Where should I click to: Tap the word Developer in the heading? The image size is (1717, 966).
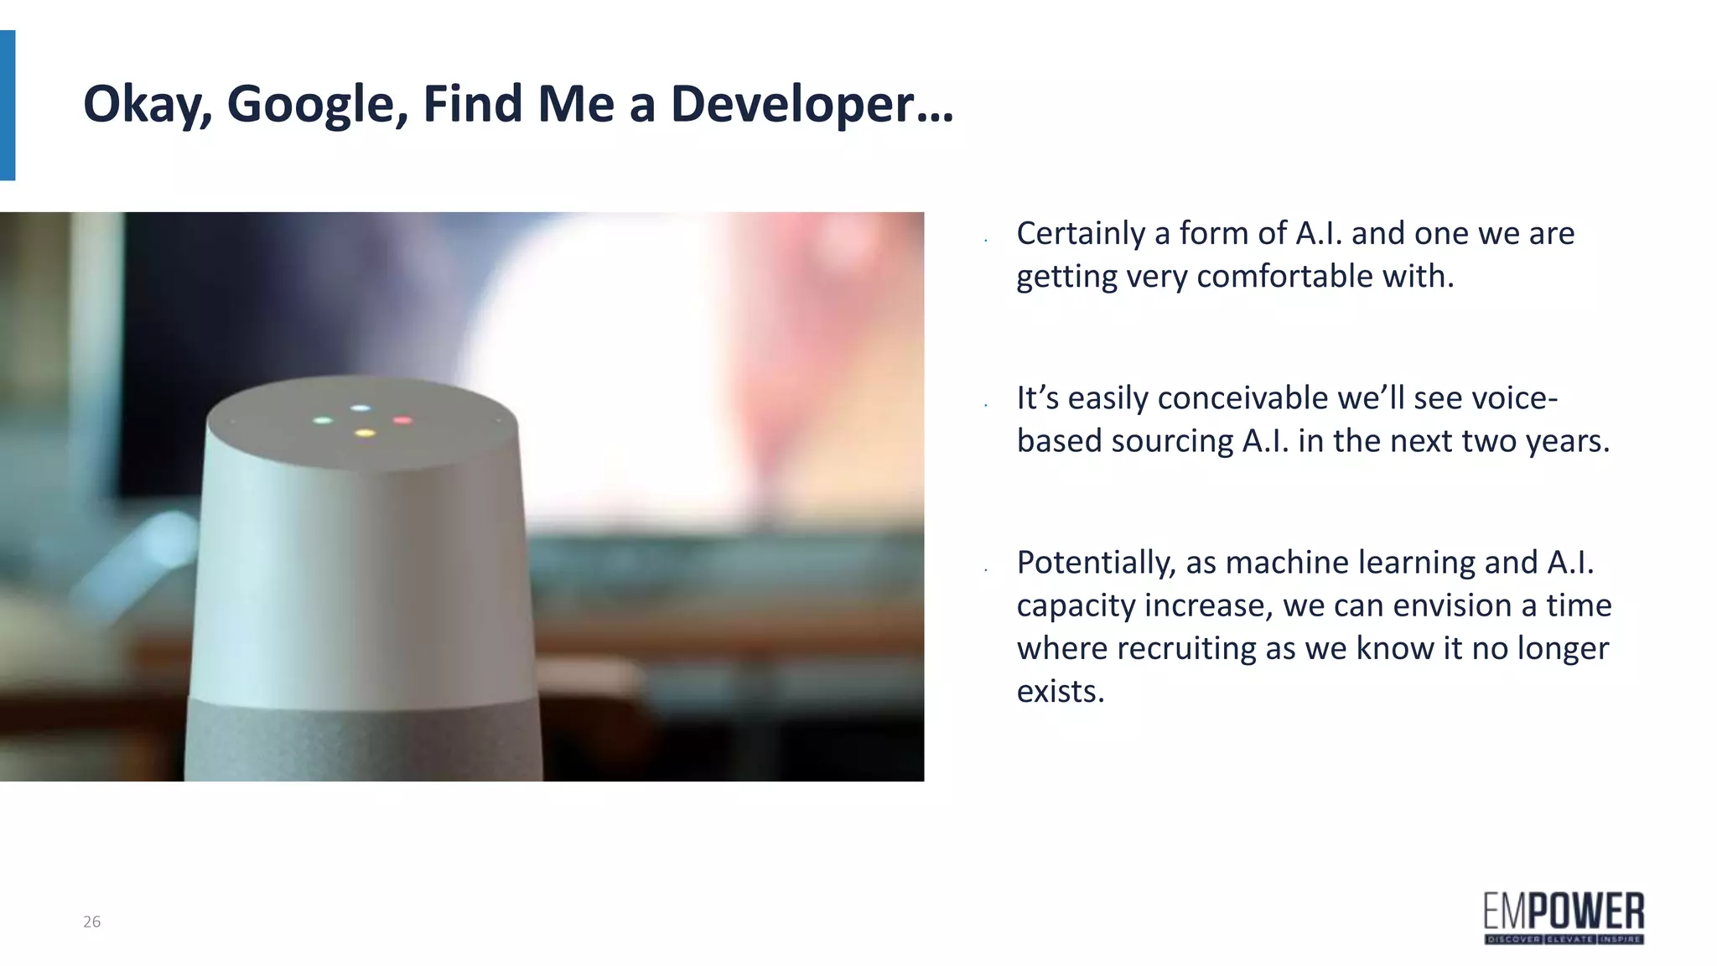(x=811, y=104)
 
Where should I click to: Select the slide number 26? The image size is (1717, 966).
(x=91, y=922)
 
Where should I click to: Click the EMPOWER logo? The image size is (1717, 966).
(x=1564, y=918)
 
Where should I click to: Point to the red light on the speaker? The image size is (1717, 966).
(x=402, y=420)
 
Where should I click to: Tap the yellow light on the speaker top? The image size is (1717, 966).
(x=365, y=433)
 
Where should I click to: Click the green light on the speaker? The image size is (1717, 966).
(x=323, y=420)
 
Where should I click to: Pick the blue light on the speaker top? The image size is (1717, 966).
(x=360, y=408)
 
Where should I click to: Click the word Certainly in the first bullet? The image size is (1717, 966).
(x=1081, y=233)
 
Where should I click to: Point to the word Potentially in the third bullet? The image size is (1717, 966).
(x=1095, y=562)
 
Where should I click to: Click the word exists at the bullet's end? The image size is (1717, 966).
(x=1060, y=691)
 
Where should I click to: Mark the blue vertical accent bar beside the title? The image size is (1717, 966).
(x=8, y=105)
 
